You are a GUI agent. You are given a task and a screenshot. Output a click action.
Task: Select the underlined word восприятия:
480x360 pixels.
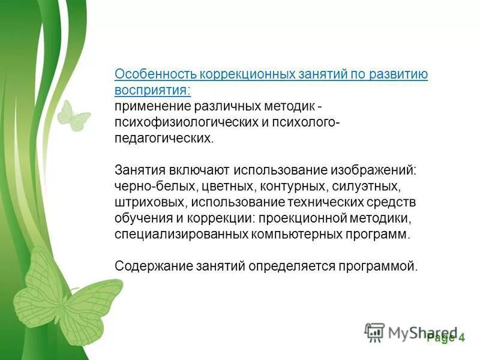click(152, 91)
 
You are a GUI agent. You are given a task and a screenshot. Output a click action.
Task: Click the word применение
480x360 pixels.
click(153, 107)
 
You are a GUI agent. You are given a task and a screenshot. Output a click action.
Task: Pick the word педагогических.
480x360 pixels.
click(163, 139)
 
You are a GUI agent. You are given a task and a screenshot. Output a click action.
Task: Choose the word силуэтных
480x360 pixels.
click(370, 186)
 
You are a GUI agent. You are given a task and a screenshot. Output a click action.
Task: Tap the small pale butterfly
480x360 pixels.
click(72, 115)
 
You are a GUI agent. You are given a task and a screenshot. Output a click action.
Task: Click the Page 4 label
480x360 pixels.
click(446, 337)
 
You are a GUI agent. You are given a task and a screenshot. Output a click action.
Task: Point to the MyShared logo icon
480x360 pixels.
click(374, 332)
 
